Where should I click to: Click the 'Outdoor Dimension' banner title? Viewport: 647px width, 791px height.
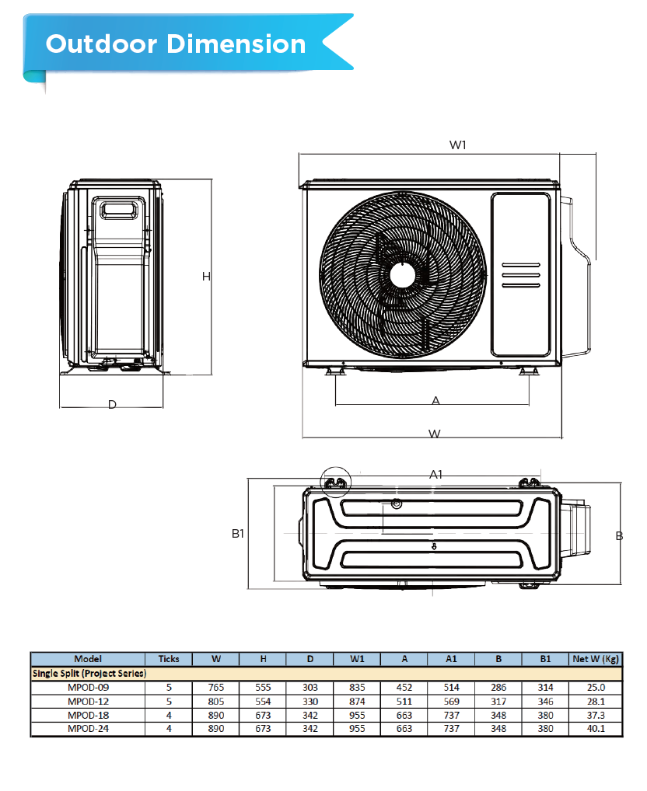coord(176,44)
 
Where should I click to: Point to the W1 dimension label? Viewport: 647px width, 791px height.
coord(458,145)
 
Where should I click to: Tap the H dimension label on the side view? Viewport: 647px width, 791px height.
coord(206,277)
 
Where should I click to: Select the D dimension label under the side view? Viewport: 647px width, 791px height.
coord(112,405)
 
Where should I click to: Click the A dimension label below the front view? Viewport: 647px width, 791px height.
coord(435,401)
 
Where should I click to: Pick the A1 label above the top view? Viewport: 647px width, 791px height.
coord(436,474)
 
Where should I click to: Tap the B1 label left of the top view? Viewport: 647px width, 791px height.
coord(238,534)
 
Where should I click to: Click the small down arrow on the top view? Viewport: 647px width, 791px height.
coord(434,546)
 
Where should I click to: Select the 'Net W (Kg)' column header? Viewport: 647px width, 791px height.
coord(595,659)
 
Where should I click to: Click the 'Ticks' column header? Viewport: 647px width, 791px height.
coord(168,659)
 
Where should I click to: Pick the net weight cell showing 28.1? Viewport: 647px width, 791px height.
coord(595,702)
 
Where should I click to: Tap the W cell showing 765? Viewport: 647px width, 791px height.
coord(215,688)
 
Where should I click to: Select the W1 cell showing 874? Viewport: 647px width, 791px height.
coord(357,702)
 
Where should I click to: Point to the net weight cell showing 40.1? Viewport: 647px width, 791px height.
coord(595,729)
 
